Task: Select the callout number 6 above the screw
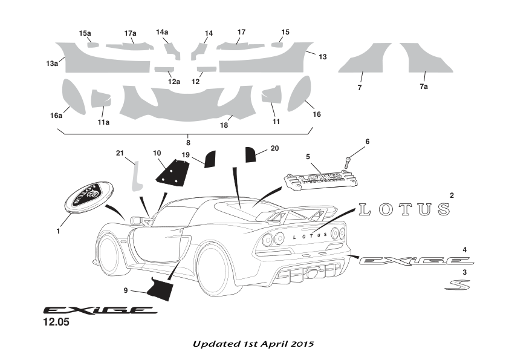click(367, 142)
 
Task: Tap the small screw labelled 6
click(348, 162)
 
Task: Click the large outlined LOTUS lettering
click(404, 210)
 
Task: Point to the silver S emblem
click(457, 284)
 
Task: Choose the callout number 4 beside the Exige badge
click(464, 250)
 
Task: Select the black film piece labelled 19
click(210, 159)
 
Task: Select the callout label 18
click(224, 125)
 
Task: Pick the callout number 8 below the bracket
click(189, 143)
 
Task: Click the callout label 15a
click(85, 33)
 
